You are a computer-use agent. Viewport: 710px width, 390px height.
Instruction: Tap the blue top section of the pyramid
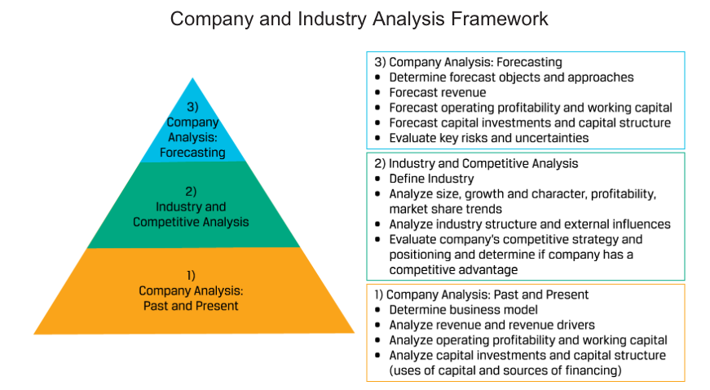click(193, 131)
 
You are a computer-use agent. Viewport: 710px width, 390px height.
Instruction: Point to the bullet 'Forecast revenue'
click(438, 92)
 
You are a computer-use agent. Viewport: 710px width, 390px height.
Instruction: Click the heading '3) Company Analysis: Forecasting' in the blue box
click(468, 62)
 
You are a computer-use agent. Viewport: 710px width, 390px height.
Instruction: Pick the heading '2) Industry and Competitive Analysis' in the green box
click(476, 163)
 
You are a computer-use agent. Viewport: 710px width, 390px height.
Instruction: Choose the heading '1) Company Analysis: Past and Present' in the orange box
click(481, 295)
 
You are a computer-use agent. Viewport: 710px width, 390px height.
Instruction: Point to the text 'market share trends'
click(446, 209)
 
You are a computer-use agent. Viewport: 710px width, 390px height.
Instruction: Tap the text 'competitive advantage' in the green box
click(453, 269)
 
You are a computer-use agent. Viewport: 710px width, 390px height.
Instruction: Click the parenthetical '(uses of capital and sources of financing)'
click(505, 370)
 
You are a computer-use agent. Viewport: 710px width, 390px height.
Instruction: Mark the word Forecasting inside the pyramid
click(192, 153)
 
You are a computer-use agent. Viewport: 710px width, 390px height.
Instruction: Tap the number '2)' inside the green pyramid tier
click(191, 192)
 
